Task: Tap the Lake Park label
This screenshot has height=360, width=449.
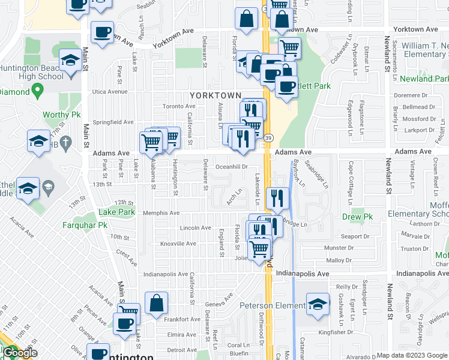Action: [x=116, y=212]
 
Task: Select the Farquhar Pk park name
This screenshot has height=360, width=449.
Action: [x=85, y=226]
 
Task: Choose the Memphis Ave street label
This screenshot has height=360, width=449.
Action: [x=161, y=213]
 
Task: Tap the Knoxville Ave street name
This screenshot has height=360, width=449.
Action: [x=178, y=244]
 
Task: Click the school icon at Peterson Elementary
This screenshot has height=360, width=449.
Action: [x=318, y=303]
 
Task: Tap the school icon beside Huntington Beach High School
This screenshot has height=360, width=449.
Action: [x=70, y=59]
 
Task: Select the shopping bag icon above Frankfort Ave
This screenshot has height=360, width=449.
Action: [x=156, y=303]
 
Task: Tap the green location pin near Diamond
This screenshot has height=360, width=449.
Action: [x=37, y=91]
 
